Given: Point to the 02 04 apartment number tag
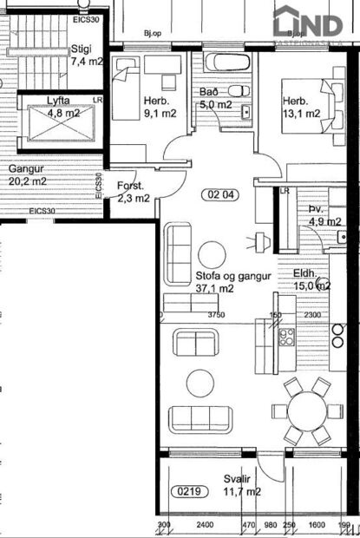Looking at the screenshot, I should pos(220,194).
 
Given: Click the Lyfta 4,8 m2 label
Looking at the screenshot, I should pos(62,107).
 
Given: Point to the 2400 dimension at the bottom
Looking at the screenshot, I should pos(205,525).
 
